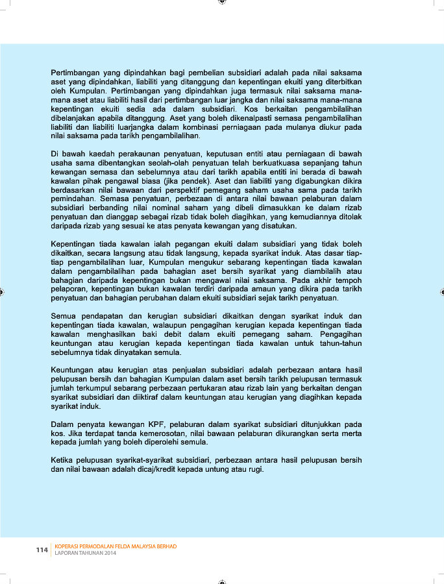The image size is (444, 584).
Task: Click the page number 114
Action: pyautogui.click(x=42, y=550)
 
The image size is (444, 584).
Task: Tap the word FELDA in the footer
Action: pyautogui.click(x=123, y=546)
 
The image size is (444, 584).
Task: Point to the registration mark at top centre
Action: pyautogui.click(x=222, y=2)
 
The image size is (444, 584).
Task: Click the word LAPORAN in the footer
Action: pyautogui.click(x=68, y=554)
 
